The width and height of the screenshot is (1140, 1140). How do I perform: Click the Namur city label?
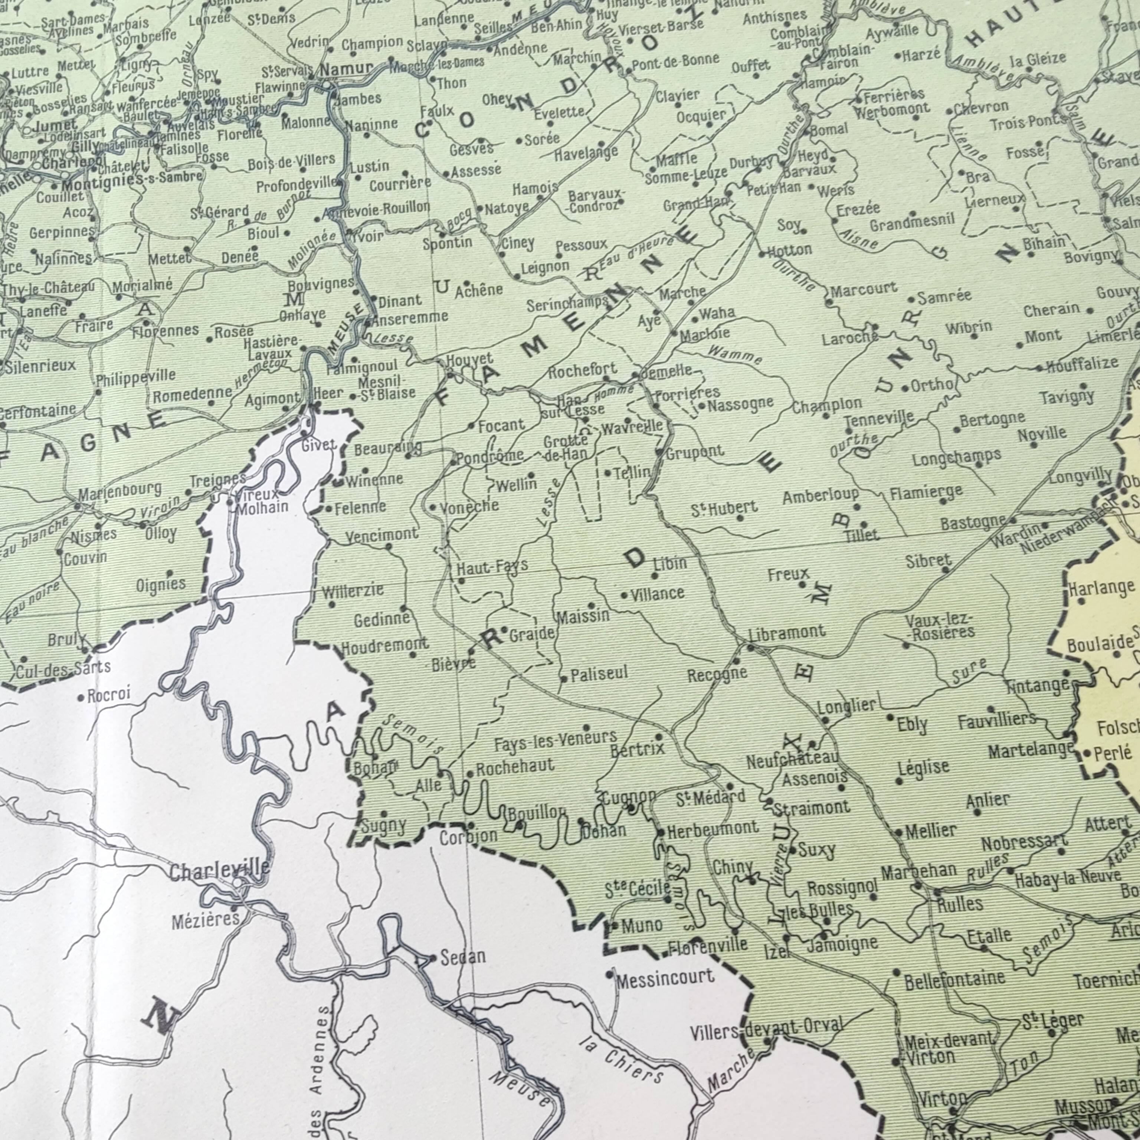pos(346,69)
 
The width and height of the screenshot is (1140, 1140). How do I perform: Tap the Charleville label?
pos(220,870)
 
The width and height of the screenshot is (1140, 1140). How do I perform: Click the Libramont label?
pos(787,633)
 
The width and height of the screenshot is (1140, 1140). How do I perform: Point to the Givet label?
pos(319,445)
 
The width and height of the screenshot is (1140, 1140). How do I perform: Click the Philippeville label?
pos(136,376)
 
